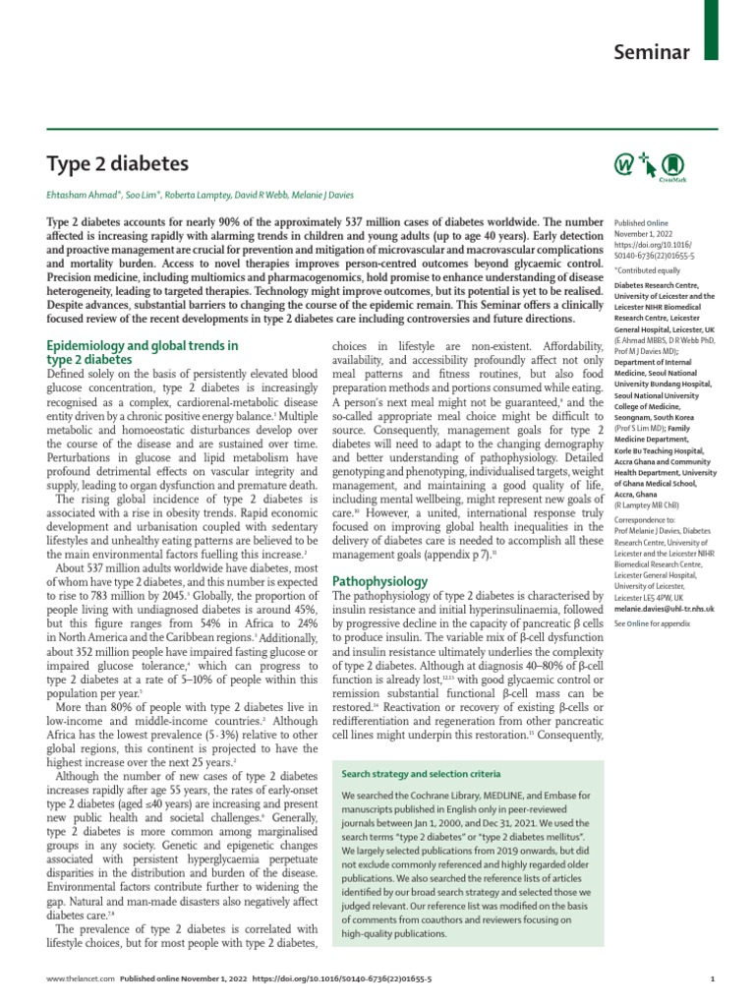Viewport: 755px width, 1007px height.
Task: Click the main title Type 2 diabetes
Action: [118, 163]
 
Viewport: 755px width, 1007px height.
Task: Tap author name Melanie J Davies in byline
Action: [321, 195]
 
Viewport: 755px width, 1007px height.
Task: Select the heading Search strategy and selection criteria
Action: [420, 773]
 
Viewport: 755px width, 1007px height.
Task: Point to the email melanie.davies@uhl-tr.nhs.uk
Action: [664, 608]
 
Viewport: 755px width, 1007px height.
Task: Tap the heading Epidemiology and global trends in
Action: [144, 345]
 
